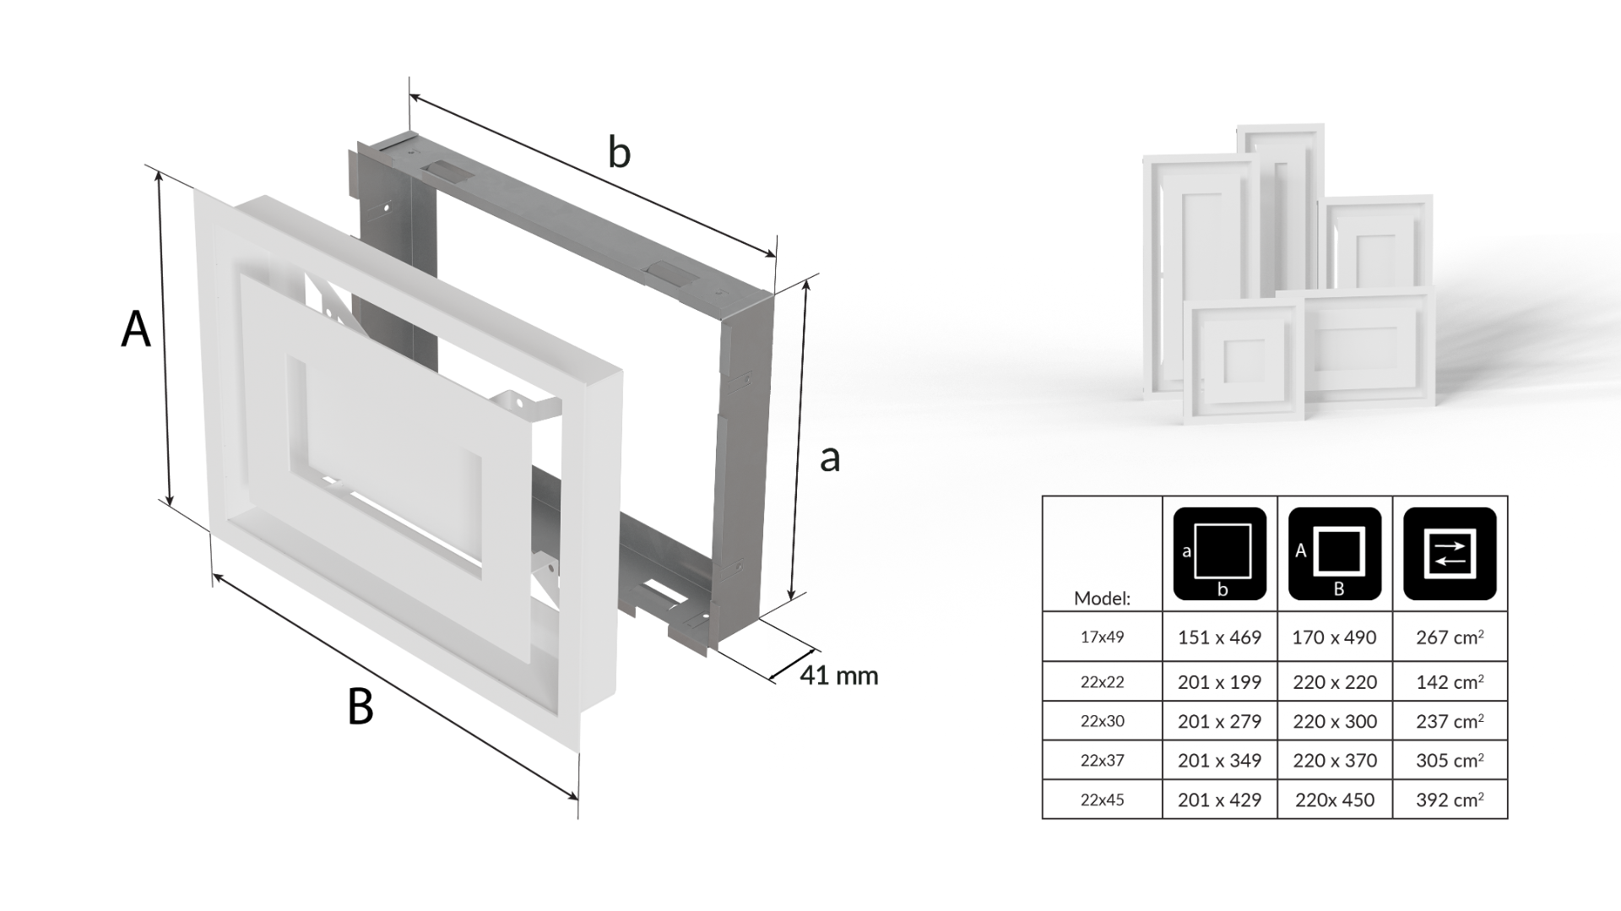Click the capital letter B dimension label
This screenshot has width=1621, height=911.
click(361, 707)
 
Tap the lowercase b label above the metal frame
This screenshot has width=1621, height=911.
click(619, 153)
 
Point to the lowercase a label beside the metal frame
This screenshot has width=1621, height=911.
click(830, 458)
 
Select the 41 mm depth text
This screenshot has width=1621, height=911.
click(838, 675)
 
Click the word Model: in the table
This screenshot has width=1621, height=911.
click(1102, 599)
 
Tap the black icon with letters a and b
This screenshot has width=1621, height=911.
click(1220, 554)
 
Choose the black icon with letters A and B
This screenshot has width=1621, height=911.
click(1335, 554)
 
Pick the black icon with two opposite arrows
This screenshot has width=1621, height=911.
click(1450, 554)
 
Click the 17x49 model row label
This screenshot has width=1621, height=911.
click(1102, 637)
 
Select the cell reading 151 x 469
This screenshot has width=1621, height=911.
click(1219, 637)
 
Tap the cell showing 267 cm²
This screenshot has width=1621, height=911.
click(1450, 637)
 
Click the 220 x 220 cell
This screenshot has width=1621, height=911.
click(1335, 682)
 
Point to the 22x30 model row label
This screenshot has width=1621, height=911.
click(1102, 721)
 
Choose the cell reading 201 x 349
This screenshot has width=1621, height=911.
click(1219, 761)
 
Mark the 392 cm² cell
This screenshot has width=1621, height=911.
click(1450, 800)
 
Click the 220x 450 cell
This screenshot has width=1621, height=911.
click(1335, 800)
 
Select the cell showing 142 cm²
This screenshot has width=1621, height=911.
click(1450, 682)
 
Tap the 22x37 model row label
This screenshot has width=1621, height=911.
click(1102, 760)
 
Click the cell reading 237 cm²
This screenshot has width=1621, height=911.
click(1450, 721)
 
